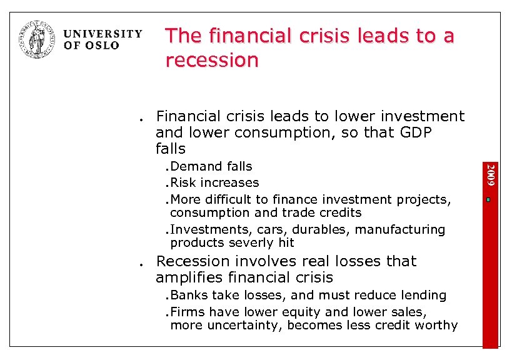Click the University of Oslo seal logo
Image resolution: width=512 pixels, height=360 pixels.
tap(38, 39)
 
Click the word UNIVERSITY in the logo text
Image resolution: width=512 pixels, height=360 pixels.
tap(103, 34)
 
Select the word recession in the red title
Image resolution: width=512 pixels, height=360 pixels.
tap(212, 61)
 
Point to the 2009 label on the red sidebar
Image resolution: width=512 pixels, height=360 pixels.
tap(491, 174)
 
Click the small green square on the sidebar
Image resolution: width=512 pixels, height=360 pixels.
tap(491, 200)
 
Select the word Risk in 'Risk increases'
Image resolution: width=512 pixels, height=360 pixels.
tap(183, 182)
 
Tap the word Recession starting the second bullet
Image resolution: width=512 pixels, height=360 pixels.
tap(193, 261)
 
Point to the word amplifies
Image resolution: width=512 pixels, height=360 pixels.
tap(188, 277)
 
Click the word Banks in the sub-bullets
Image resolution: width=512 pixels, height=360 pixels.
tap(189, 295)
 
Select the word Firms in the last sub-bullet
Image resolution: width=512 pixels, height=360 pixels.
tap(188, 311)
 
